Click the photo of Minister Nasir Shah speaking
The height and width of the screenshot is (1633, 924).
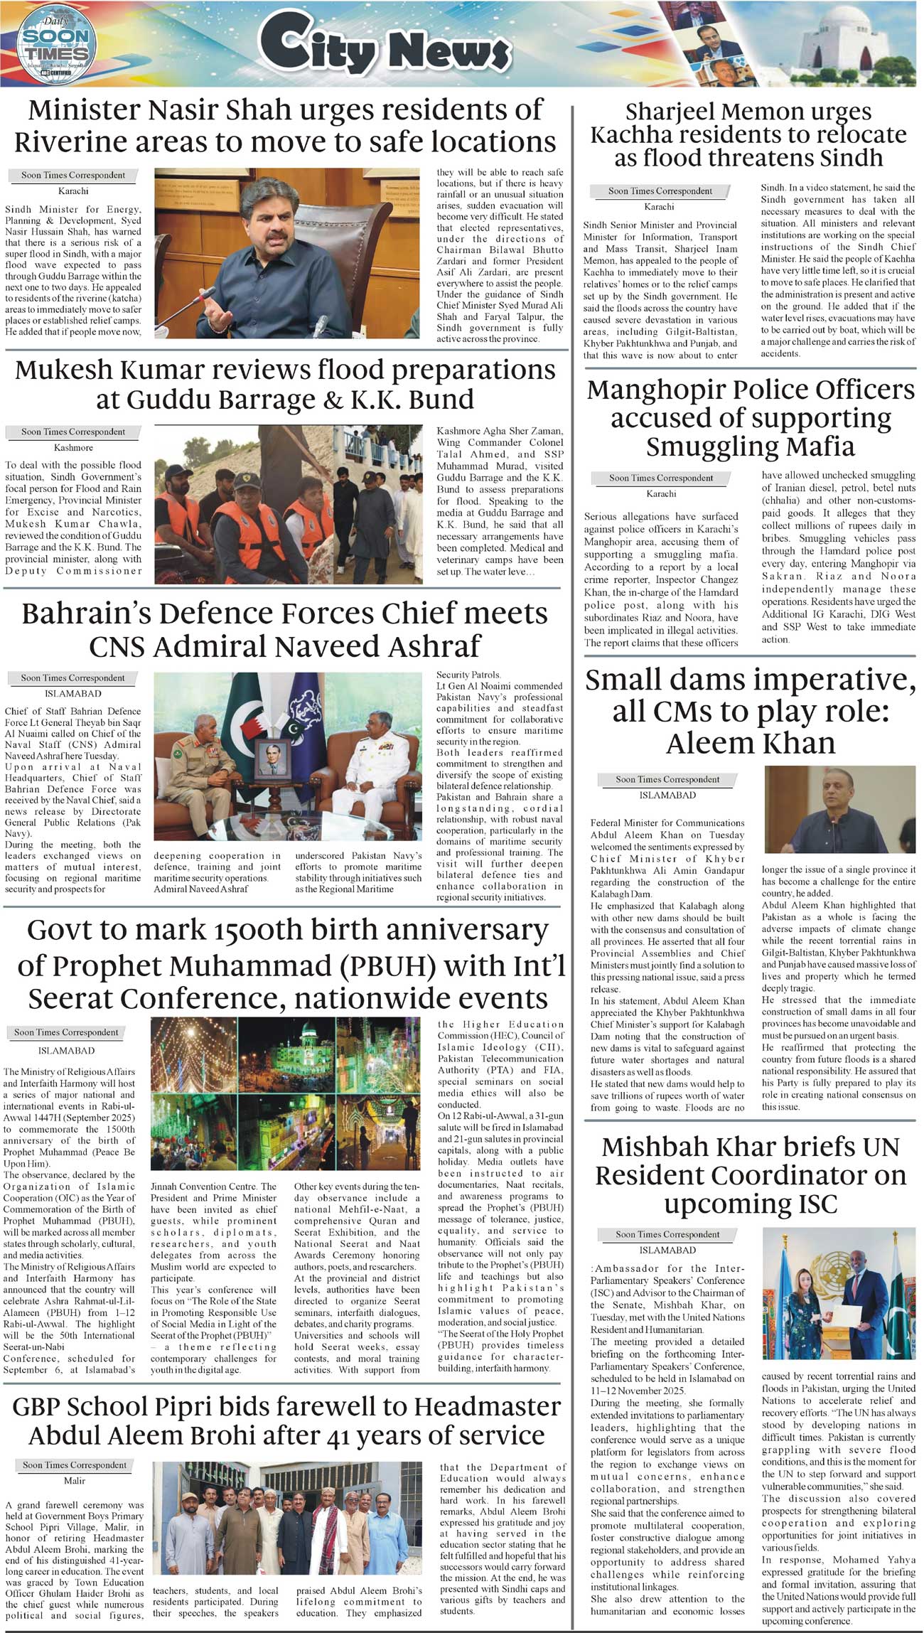(288, 252)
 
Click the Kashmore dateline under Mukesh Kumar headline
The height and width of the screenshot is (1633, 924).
(73, 448)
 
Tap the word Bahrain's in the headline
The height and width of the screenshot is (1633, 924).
(100, 614)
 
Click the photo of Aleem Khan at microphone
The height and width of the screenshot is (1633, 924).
(839, 809)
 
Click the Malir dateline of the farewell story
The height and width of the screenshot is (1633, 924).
(75, 1481)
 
